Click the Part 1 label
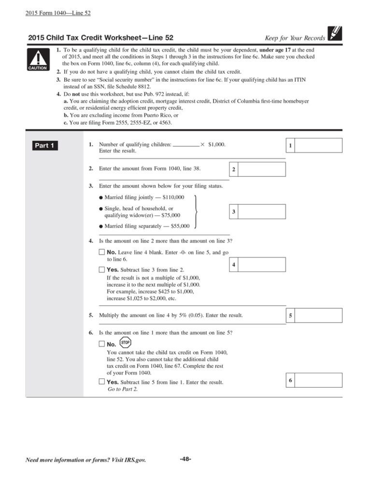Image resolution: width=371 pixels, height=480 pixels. tap(44, 145)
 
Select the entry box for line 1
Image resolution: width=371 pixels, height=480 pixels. tap(318, 145)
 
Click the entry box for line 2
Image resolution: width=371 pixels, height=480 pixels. tap(261, 169)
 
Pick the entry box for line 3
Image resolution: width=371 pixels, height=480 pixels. tap(261, 212)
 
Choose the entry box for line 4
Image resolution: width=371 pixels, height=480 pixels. tap(261, 265)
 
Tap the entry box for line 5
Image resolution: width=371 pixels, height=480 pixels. tap(318, 316)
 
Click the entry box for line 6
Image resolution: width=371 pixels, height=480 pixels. tap(318, 381)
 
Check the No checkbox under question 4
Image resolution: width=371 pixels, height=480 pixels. tap(101, 252)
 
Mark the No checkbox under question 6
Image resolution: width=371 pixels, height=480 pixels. tap(101, 344)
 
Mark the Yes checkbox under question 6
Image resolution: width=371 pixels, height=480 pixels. tap(101, 382)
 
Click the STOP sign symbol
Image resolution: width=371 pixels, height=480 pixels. tap(126, 343)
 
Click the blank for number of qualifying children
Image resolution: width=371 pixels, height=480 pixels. tap(185, 144)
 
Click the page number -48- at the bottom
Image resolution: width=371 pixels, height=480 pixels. tap(185, 459)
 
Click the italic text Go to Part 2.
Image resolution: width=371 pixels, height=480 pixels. tap(122, 389)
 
